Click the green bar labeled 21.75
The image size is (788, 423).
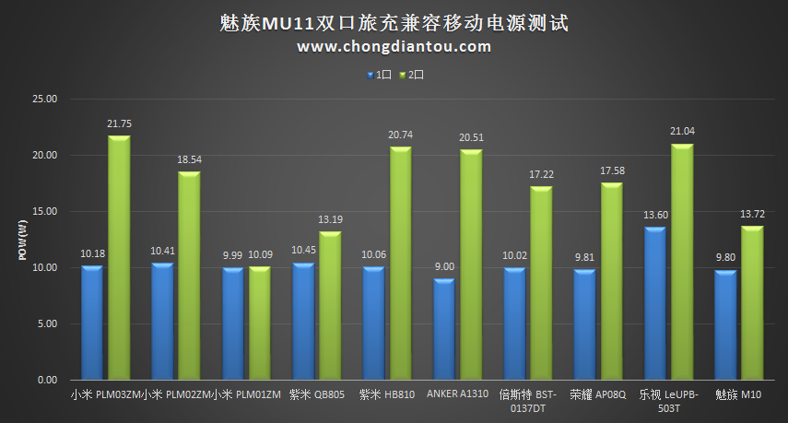point(119,258)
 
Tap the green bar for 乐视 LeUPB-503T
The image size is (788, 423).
point(682,262)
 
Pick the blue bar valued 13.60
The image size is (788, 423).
point(655,303)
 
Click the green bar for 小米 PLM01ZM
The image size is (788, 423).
point(260,323)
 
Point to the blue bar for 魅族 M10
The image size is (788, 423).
point(726,324)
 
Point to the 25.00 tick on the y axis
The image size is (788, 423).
point(44,99)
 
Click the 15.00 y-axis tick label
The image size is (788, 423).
point(44,211)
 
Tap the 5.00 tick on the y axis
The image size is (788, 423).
point(47,323)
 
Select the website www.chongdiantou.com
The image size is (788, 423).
point(394,46)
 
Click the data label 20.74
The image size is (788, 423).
point(400,135)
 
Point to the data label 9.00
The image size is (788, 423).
point(444,266)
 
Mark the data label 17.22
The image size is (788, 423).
point(541,174)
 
